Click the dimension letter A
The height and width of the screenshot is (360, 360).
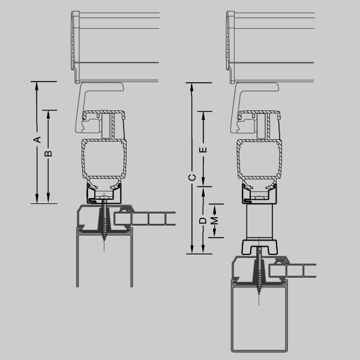(x=37, y=139)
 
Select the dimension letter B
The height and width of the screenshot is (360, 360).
(x=48, y=154)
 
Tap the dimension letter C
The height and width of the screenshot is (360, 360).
(x=192, y=178)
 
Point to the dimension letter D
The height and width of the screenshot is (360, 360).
(x=203, y=221)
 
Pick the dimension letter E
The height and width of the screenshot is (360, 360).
(x=203, y=149)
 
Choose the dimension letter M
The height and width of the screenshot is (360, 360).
(x=214, y=221)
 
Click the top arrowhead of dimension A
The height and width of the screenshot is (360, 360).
(x=37, y=86)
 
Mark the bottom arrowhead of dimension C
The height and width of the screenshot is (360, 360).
(x=192, y=250)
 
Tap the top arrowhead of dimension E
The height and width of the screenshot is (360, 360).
(x=203, y=116)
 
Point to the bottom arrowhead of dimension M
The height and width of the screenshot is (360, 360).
(x=214, y=233)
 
